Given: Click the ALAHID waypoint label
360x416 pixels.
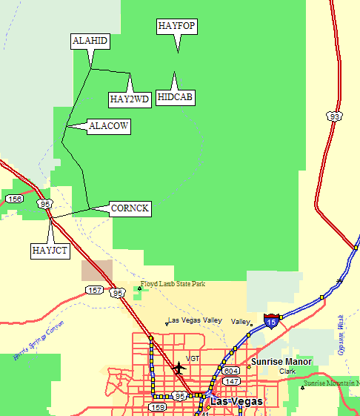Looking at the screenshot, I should pyautogui.click(x=90, y=41).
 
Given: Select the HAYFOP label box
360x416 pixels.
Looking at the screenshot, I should pyautogui.click(x=177, y=26).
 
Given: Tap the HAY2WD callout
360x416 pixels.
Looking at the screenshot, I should pyautogui.click(x=130, y=99).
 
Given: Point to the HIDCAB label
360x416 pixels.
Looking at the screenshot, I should pyautogui.click(x=176, y=98).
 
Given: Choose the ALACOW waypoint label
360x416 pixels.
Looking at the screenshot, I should pyautogui.click(x=109, y=127).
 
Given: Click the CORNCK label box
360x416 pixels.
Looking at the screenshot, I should pyautogui.click(x=130, y=209).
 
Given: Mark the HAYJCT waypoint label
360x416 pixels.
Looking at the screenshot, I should pyautogui.click(x=50, y=251).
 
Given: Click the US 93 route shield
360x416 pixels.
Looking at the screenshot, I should pyautogui.click(x=336, y=116).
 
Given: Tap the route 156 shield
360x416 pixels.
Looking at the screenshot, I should pyautogui.click(x=14, y=199).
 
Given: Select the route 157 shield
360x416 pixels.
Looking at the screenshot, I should pyautogui.click(x=94, y=289).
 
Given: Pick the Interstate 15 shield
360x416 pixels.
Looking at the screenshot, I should pyautogui.click(x=272, y=320).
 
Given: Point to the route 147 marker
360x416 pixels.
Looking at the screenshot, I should pyautogui.click(x=232, y=381).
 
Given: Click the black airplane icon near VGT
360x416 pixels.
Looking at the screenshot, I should pyautogui.click(x=178, y=367).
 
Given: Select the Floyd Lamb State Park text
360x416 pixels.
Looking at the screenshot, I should pyautogui.click(x=172, y=284).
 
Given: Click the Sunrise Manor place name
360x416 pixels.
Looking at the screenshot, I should pyautogui.click(x=281, y=362).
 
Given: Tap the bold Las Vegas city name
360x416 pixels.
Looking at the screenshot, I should pyautogui.click(x=236, y=401).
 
